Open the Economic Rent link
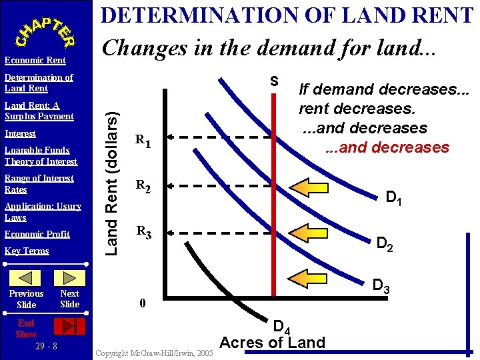click(x=35, y=61)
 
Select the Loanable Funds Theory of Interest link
click(x=41, y=156)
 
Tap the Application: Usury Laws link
click(x=43, y=212)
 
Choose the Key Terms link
click(x=27, y=251)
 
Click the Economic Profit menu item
click(x=37, y=234)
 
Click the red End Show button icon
click(x=69, y=326)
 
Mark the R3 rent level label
click(x=143, y=233)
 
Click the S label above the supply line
click(x=273, y=82)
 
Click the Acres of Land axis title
click(x=272, y=343)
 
